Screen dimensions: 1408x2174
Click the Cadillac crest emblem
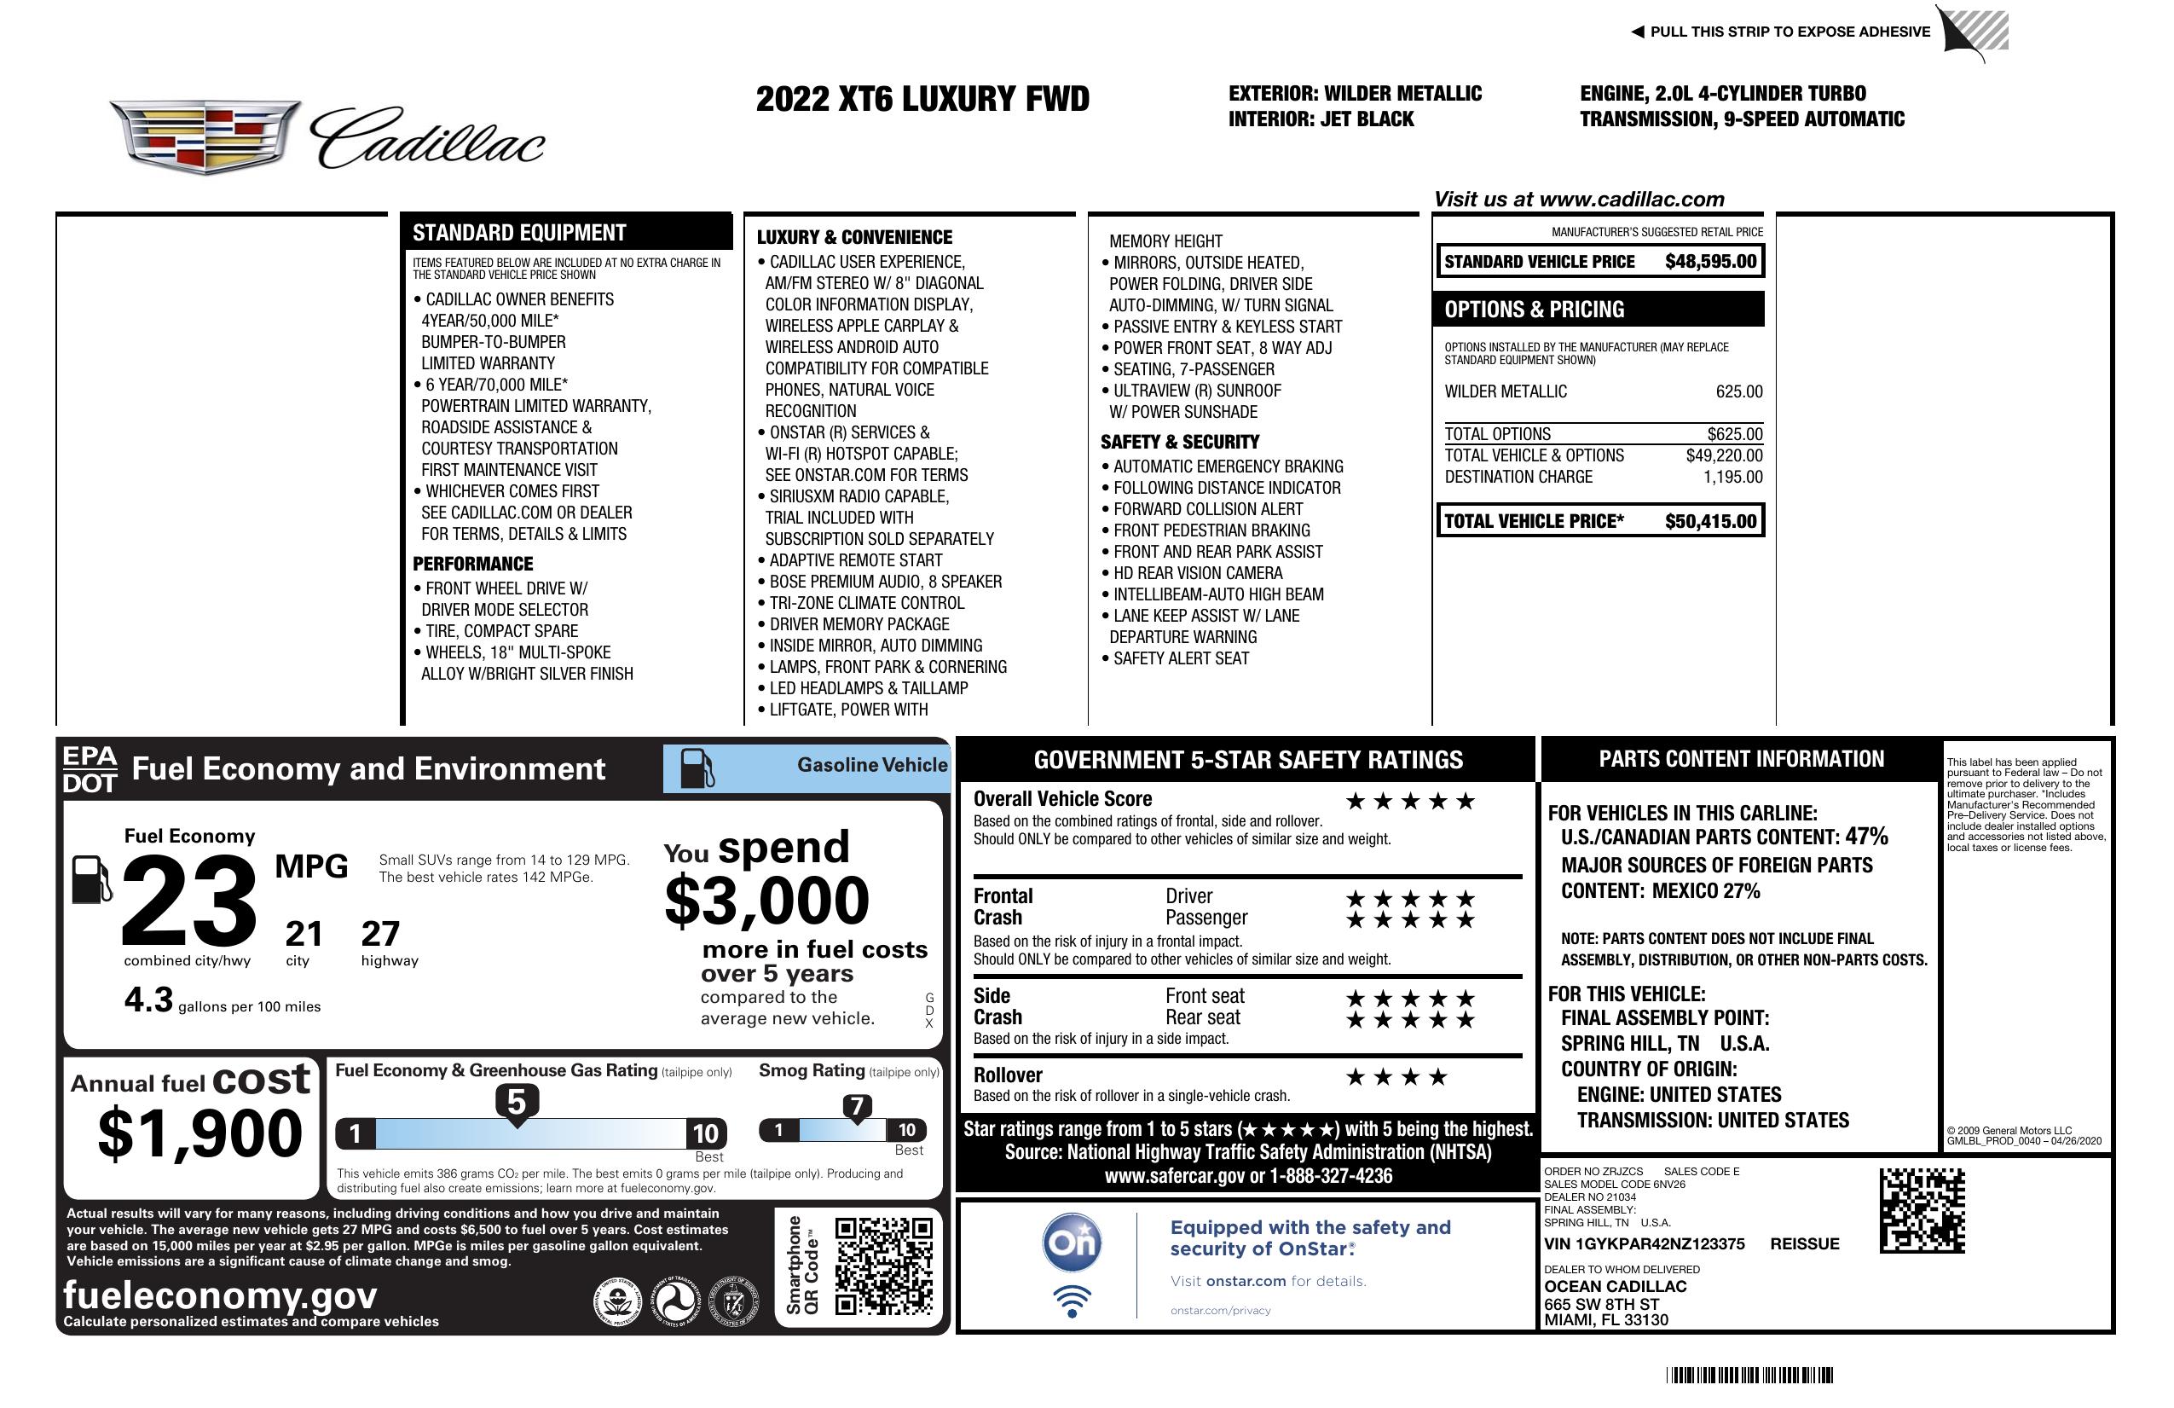(x=205, y=136)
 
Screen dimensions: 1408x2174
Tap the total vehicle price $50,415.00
(x=1710, y=522)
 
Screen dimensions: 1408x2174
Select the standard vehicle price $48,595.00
(x=1710, y=262)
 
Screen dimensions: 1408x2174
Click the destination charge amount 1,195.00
(x=1732, y=477)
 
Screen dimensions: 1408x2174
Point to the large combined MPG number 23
(x=189, y=901)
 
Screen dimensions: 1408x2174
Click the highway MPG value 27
(x=380, y=934)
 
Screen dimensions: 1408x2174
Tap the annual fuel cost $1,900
(x=199, y=1134)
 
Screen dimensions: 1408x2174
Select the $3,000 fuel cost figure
(x=767, y=901)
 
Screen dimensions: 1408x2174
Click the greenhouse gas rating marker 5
(x=516, y=1103)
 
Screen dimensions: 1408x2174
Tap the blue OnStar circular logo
(x=1072, y=1243)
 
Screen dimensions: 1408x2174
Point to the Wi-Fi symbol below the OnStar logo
(x=1072, y=1301)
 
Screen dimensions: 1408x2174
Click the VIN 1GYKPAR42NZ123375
(x=1645, y=1244)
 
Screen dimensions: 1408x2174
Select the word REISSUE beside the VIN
(x=1804, y=1244)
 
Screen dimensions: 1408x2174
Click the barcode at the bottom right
(x=1749, y=1375)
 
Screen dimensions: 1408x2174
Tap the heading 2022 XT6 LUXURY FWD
(x=922, y=100)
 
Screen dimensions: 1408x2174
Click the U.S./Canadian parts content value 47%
(x=1866, y=837)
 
